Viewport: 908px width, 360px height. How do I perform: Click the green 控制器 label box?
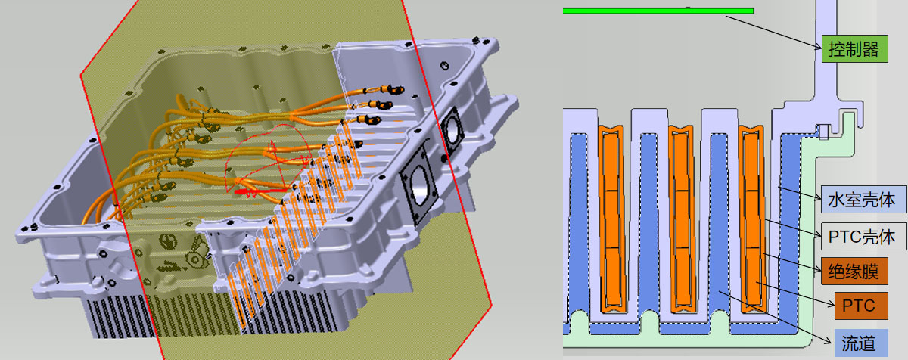[854, 49]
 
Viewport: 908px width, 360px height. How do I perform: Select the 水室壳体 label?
[864, 199]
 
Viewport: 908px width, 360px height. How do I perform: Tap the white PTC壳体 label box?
[864, 236]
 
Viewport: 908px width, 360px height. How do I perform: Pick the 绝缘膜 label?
[854, 271]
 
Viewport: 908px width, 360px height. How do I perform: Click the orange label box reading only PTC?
[861, 306]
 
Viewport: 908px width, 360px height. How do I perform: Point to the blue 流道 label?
[861, 343]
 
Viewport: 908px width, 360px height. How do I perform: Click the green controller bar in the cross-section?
[658, 11]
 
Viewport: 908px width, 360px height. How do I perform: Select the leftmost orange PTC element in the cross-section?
[611, 219]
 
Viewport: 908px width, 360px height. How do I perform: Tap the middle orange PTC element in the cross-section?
[682, 219]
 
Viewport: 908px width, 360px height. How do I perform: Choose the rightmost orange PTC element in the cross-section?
[752, 219]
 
